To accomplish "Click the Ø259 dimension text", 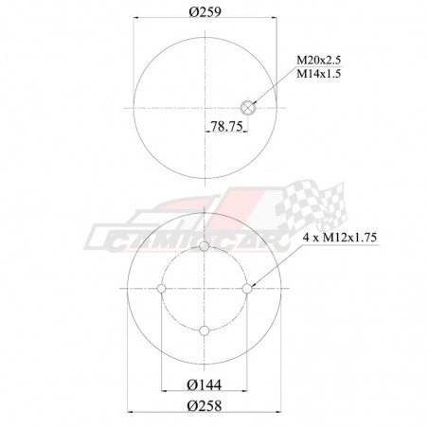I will tap(204, 9).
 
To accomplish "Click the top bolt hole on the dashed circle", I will tap(205, 245).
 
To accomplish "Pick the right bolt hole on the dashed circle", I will tap(247, 287).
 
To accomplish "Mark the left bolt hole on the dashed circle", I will tap(163, 287).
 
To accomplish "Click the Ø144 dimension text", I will tap(204, 384).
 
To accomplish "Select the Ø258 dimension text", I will tap(204, 406).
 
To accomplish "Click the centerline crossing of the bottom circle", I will tap(205, 287).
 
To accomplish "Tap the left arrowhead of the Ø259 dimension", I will tap(138, 19).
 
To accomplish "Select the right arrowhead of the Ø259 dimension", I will tap(271, 19).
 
